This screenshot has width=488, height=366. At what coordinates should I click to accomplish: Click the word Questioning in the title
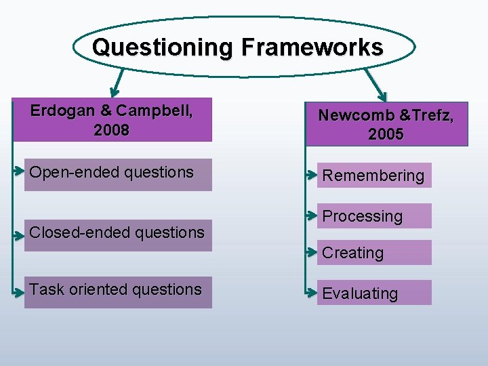point(163,47)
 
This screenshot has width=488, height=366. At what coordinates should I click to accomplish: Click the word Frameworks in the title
point(311,47)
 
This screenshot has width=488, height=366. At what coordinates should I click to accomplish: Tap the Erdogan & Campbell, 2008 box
point(113,121)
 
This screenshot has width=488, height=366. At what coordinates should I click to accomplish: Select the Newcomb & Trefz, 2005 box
point(386,124)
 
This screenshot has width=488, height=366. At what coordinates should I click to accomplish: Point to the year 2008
point(112,130)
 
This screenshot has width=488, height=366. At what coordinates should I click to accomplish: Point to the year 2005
point(386,134)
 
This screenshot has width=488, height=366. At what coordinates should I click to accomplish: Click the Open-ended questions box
point(118,174)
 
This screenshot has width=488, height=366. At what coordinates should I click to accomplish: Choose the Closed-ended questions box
point(118,234)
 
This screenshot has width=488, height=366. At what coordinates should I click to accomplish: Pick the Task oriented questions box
point(118,291)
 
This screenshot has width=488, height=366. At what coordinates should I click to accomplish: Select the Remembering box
point(374,176)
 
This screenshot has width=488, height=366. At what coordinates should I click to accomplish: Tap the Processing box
point(374,216)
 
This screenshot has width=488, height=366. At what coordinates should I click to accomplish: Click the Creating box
point(374,253)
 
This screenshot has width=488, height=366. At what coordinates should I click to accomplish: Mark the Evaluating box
point(374,293)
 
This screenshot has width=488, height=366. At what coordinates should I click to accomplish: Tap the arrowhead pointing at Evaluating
point(312,292)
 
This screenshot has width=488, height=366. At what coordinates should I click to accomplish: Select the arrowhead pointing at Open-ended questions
point(20,171)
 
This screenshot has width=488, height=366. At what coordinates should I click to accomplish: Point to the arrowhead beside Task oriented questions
point(20,291)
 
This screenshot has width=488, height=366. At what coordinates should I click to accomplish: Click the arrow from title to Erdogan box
point(117,82)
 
